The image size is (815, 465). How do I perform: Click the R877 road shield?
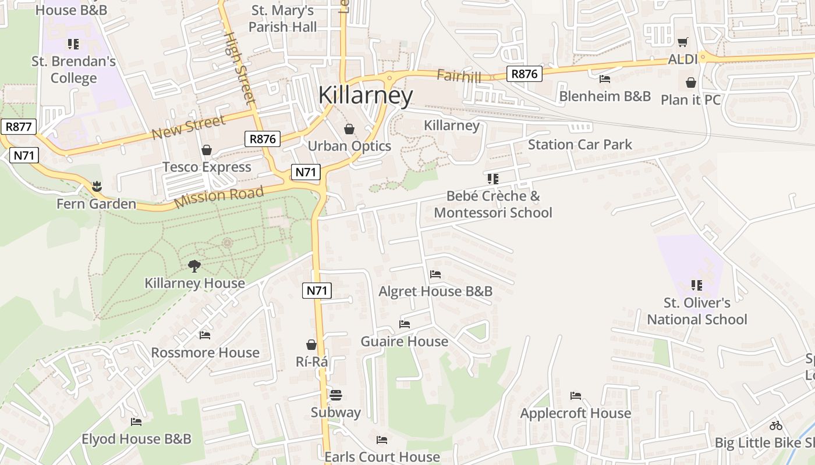pos(19,127)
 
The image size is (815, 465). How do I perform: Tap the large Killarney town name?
pos(366,95)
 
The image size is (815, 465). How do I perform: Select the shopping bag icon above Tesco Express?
pos(206,151)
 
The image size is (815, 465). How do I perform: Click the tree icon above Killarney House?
pos(194,266)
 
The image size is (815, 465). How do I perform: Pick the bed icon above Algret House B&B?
pos(435,274)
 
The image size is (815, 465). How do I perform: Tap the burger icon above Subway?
pos(335,395)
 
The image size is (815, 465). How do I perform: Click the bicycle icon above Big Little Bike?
pos(775,425)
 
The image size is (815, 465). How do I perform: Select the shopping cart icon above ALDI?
pos(682,42)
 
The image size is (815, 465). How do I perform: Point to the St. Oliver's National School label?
pos(697,311)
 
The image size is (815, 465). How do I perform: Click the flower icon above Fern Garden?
pos(96,187)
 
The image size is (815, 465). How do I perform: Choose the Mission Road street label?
pos(219,197)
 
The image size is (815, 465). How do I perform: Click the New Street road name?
pos(188,127)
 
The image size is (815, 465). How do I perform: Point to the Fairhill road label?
pos(459,76)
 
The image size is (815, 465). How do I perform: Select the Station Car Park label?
pos(580,145)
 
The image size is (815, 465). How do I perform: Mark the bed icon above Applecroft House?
pos(576,396)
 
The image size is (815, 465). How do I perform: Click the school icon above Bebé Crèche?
pos(493,179)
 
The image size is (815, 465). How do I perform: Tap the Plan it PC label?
pos(690,100)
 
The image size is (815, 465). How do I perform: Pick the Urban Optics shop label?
pos(349,146)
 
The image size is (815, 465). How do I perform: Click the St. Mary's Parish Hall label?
pos(283,19)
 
